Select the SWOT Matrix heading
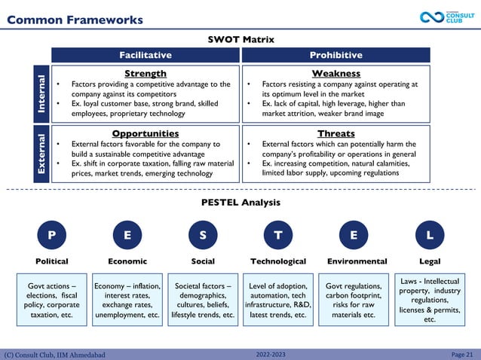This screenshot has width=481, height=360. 240,39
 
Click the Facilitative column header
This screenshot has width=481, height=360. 146,55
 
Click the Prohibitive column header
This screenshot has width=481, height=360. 335,55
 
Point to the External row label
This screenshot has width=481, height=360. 43,154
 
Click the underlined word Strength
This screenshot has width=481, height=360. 146,73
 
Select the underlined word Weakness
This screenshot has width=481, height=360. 335,73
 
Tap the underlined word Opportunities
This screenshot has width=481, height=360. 146,133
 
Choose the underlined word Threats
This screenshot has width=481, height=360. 335,133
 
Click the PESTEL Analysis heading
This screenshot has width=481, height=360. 240,202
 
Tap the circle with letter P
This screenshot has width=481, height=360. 51,236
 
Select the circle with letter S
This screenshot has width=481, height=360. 203,236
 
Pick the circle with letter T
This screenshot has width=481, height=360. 278,236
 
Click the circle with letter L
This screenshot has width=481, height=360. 430,236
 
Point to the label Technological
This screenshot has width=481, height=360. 278,261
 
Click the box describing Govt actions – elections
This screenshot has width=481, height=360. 51,301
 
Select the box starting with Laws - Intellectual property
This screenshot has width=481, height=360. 430,300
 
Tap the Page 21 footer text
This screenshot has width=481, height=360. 461,354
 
